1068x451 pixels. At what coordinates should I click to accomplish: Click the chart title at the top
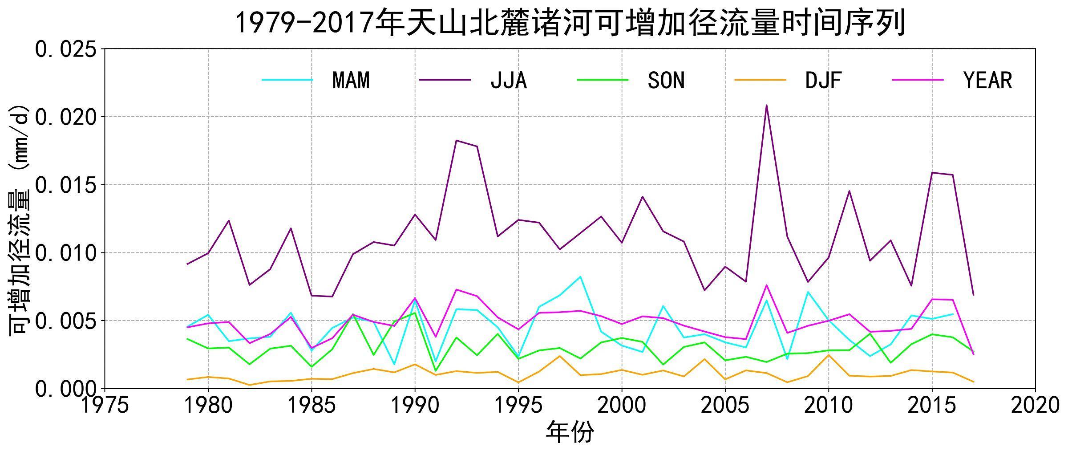tap(570, 23)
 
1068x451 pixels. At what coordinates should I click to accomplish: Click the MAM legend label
tap(351, 81)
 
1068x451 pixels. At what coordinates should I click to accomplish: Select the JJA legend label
tap(509, 81)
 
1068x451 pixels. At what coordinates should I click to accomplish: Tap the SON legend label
tap(666, 81)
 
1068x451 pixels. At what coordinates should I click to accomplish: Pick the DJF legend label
tap(823, 81)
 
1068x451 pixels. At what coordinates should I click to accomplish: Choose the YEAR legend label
tap(987, 81)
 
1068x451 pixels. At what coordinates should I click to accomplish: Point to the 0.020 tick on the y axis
tap(65, 118)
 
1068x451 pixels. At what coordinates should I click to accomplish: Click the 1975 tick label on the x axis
tap(105, 406)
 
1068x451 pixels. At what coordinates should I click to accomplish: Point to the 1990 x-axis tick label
tap(415, 406)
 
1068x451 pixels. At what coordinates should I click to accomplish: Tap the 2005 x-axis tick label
tap(725, 406)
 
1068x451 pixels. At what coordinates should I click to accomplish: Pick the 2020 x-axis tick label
tap(1035, 406)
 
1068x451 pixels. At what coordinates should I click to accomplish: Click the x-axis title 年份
tap(570, 432)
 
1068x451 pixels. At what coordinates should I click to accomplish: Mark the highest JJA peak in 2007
tap(766, 106)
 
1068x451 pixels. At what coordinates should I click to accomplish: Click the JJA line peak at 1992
tap(457, 140)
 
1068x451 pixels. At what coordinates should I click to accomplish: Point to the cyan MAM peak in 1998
tap(580, 276)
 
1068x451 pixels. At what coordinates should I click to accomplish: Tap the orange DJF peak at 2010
tap(828, 355)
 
